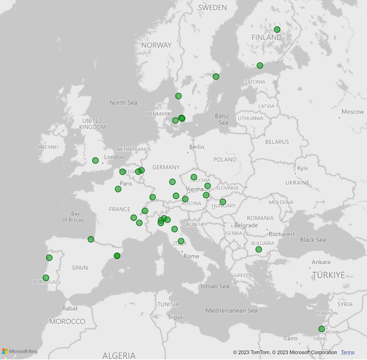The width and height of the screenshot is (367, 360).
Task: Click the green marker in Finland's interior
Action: (x=277, y=29)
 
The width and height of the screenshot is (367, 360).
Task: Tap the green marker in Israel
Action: (x=321, y=329)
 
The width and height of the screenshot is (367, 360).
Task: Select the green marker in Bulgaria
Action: (x=259, y=249)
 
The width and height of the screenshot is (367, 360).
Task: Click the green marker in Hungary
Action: (x=222, y=202)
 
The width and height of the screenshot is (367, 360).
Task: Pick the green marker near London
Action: (x=95, y=161)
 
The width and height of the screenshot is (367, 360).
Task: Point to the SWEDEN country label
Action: (x=212, y=8)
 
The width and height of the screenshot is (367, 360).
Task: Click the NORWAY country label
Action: (x=156, y=45)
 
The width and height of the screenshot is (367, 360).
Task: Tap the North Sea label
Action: (x=123, y=103)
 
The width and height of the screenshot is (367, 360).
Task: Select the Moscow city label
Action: (x=352, y=112)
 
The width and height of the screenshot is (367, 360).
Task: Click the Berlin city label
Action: (x=197, y=147)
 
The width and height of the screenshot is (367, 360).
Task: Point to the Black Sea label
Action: (x=313, y=240)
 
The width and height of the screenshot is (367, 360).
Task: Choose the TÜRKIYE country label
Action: (x=328, y=275)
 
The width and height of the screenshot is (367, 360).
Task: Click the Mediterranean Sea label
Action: (x=231, y=310)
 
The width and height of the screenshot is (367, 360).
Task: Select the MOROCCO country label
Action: (x=67, y=322)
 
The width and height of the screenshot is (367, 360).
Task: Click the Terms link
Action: (x=348, y=353)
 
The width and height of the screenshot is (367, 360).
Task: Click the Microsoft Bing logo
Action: (x=19, y=352)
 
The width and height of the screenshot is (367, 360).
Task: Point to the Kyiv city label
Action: (x=303, y=168)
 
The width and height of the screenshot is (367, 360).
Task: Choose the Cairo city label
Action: (x=290, y=339)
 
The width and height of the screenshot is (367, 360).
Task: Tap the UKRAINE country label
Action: (x=297, y=183)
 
